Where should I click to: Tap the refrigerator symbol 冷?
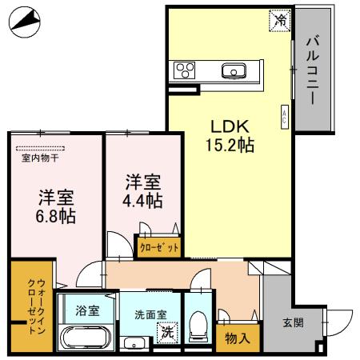[279, 19]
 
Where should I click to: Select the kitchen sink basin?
[235, 71]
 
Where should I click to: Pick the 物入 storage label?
[238, 337]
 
